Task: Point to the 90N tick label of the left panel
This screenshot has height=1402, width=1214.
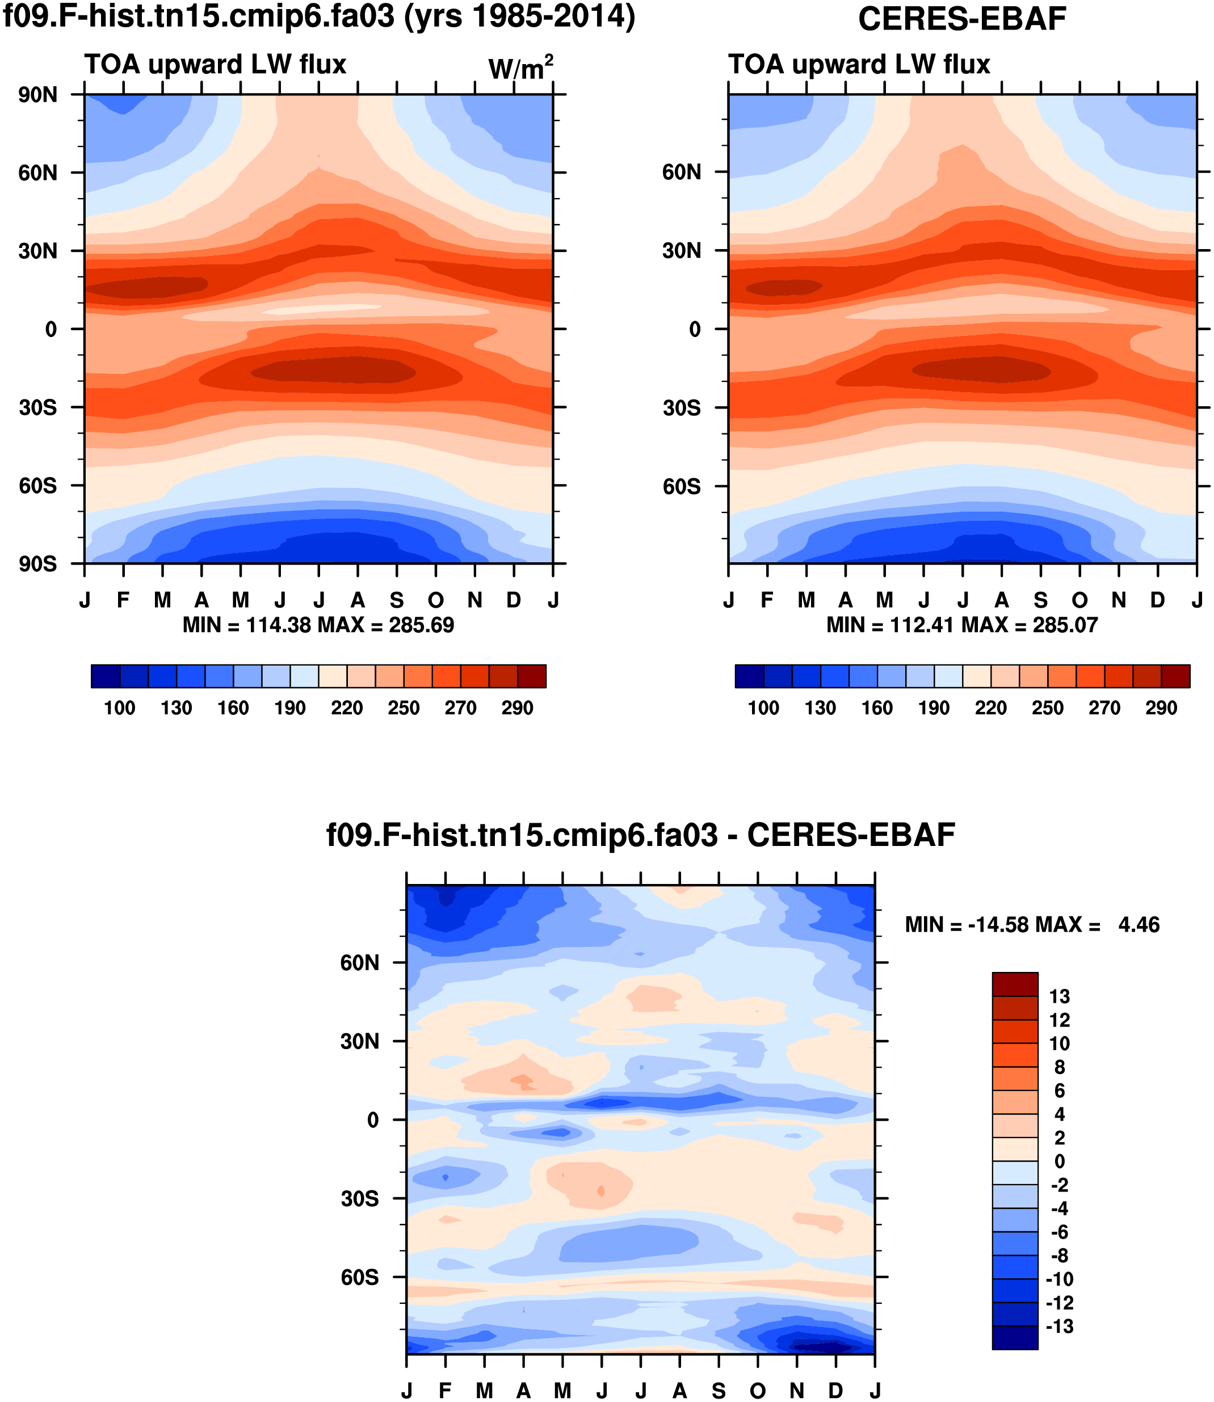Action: (38, 95)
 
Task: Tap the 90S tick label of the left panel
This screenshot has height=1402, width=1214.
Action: (38, 563)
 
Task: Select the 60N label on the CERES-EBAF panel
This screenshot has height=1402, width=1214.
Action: (682, 172)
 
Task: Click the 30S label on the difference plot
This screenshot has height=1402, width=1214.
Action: (359, 1199)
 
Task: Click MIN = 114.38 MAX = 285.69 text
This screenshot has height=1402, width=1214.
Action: (318, 625)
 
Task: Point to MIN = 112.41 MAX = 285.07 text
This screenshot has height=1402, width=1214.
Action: (962, 625)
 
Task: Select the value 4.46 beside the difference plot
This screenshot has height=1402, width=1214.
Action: (1139, 925)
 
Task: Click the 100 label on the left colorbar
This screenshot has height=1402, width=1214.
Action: (119, 709)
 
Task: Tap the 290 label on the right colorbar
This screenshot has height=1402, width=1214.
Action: (1161, 709)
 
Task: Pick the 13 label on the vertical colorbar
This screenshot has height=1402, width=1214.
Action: (1060, 996)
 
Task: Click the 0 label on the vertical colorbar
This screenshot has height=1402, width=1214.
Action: (1060, 1161)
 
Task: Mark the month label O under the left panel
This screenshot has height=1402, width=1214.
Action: (436, 600)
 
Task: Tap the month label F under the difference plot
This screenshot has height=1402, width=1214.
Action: (445, 1391)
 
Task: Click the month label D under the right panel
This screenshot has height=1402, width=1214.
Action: (1158, 600)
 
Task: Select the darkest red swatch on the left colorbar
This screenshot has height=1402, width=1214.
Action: (532, 676)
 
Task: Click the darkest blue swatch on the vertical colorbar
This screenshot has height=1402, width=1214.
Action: (1015, 1338)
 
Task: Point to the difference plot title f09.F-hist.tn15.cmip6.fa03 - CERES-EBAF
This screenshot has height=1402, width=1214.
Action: (641, 836)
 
